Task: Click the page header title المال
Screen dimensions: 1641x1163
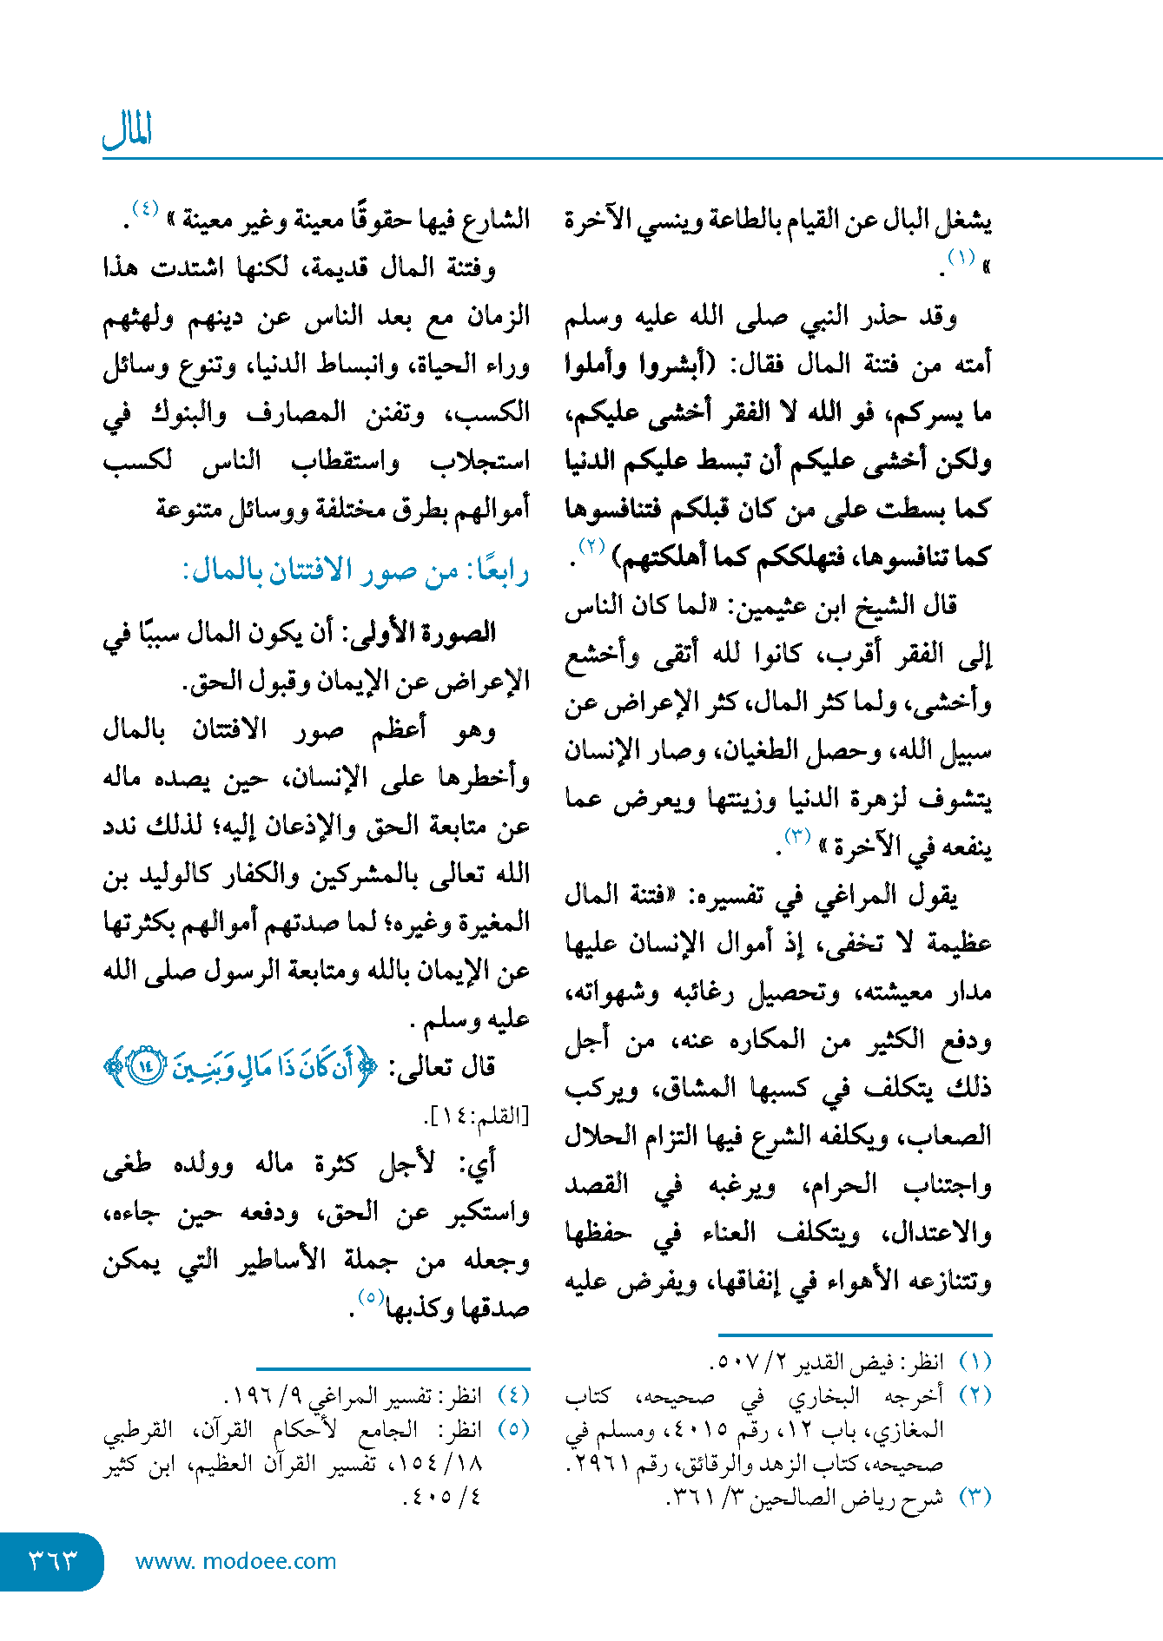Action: pyautogui.click(x=128, y=131)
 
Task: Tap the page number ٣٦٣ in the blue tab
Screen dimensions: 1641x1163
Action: pyautogui.click(x=53, y=1560)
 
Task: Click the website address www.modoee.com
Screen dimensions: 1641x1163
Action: pyautogui.click(x=235, y=1561)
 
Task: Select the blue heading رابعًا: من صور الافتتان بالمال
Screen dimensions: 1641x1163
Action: pyautogui.click(x=355, y=571)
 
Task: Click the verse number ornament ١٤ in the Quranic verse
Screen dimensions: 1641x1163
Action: pyautogui.click(x=145, y=1065)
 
